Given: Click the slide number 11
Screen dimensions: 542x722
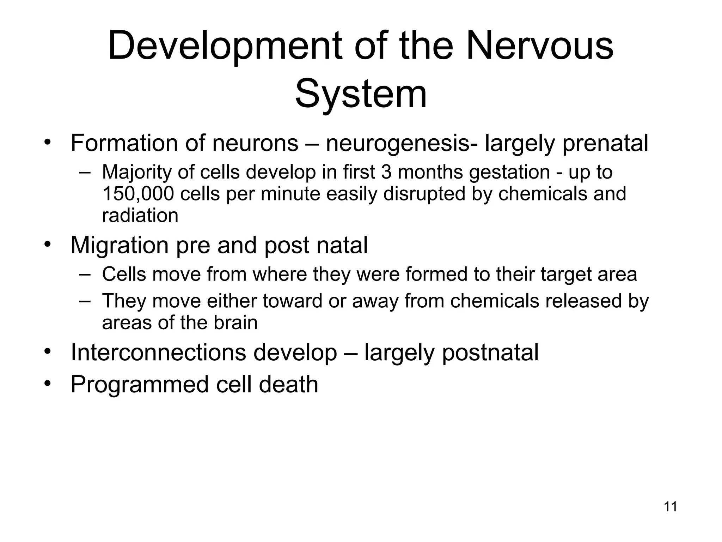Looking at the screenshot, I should coord(670,507).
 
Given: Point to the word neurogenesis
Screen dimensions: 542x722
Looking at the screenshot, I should coord(398,143).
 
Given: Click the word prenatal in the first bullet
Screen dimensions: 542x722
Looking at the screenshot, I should coord(605,144).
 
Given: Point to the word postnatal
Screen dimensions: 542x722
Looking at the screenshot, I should coord(490,353).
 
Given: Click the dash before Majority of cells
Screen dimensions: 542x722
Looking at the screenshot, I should coord(85,173).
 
